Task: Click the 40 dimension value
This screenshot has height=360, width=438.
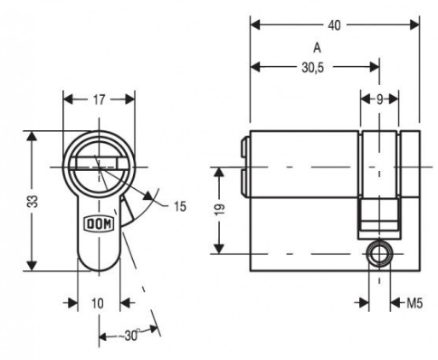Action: tap(334, 25)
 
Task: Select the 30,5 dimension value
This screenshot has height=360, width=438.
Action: tap(313, 68)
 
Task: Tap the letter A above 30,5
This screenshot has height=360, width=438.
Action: tap(317, 48)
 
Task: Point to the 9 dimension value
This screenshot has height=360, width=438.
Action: tap(379, 99)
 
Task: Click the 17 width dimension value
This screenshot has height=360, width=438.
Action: tap(99, 99)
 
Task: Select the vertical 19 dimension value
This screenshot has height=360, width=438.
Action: tap(220, 210)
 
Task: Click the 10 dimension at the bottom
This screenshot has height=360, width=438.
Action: tap(98, 303)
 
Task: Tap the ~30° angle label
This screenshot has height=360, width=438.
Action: tap(129, 336)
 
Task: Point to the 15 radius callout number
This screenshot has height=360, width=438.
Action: tap(180, 207)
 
